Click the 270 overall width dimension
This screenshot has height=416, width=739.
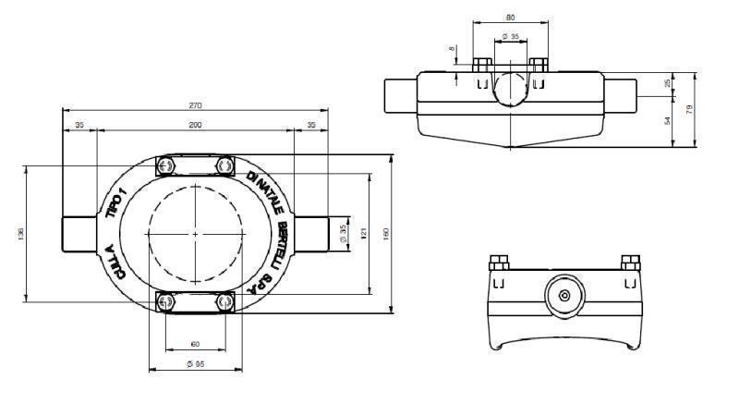click(196, 105)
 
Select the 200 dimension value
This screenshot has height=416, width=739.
click(195, 124)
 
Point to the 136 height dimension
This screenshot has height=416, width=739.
click(20, 234)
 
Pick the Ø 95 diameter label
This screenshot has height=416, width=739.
click(195, 364)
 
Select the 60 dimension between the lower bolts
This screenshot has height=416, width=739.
click(195, 344)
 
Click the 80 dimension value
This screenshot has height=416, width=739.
click(510, 17)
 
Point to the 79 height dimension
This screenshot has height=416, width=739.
click(690, 109)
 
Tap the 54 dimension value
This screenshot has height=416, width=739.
click(667, 121)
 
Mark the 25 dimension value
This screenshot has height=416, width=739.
click(667, 84)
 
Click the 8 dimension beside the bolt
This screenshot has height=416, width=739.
click(453, 50)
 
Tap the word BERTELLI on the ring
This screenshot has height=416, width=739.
click(281, 240)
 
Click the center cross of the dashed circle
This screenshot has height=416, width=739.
click(195, 235)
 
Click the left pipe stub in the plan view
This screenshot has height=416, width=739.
click(78, 234)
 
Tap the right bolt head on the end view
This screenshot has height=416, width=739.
click(631, 261)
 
